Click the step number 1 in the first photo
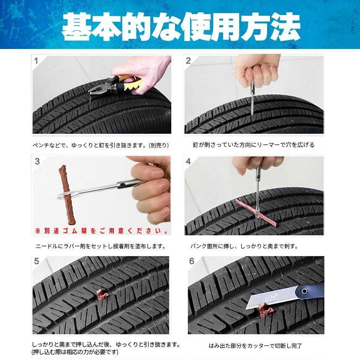click(36, 61)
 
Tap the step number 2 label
click(188, 61)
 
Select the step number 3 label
click(37, 161)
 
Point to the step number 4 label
click(188, 161)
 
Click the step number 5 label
click(37, 261)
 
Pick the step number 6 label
click(192, 261)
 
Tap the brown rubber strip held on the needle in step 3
click(67, 195)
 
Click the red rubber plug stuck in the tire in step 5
click(102, 295)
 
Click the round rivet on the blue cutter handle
click(304, 291)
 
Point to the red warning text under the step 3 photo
click(101, 231)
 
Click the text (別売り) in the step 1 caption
click(159, 145)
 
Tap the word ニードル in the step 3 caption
click(47, 247)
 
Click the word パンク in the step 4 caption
click(198, 247)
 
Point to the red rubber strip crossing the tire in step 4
click(256, 212)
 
